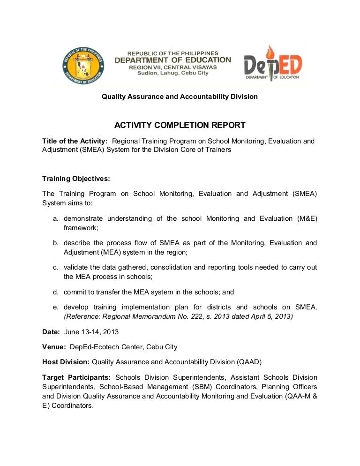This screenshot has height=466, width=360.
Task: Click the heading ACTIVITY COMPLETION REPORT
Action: [180, 125]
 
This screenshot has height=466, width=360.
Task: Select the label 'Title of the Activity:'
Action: [75, 141]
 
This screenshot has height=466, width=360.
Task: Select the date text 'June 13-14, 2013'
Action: [91, 332]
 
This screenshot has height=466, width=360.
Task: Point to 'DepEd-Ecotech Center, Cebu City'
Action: [123, 347]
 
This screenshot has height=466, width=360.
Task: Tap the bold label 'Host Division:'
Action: [66, 362]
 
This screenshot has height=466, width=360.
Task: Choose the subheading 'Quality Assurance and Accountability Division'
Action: [180, 97]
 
